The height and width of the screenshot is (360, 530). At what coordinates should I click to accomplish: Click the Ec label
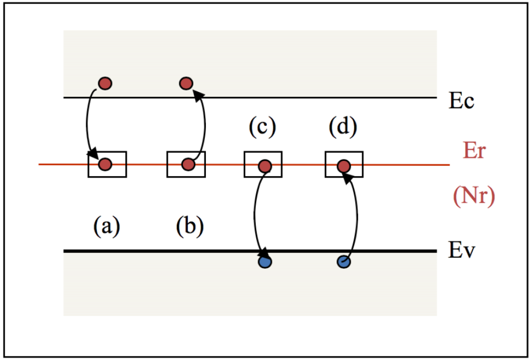462,101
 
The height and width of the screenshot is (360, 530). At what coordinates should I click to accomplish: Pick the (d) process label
343,128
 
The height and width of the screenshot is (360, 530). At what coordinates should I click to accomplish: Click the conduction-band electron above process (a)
105,83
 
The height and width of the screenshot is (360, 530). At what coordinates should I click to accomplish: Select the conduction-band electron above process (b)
186,83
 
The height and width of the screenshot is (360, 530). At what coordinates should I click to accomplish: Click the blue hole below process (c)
265,262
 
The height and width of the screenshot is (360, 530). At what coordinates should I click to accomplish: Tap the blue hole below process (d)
344,262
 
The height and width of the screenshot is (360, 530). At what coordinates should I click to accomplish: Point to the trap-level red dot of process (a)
105,164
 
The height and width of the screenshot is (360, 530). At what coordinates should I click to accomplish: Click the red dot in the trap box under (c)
265,166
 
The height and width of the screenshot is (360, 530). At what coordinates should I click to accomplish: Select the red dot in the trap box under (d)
344,166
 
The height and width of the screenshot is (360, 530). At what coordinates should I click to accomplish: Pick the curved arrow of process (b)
205,126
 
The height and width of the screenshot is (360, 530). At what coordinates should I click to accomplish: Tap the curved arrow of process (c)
254,212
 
